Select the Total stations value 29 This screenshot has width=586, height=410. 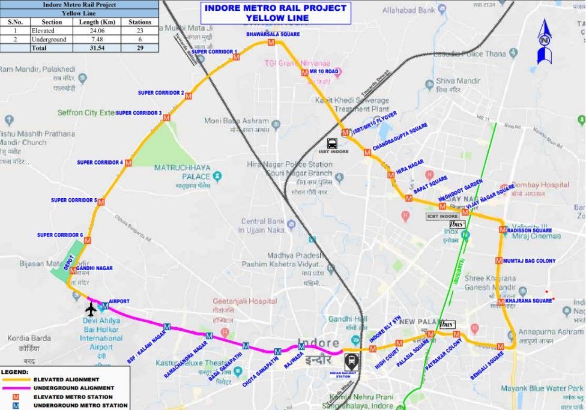139,47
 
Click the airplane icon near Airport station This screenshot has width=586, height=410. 91,310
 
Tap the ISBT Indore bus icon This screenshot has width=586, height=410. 332,143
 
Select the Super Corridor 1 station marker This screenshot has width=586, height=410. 236,57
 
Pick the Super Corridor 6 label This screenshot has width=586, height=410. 60,235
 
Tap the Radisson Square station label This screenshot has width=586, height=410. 529,230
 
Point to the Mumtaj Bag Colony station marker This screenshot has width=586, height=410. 499,261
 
